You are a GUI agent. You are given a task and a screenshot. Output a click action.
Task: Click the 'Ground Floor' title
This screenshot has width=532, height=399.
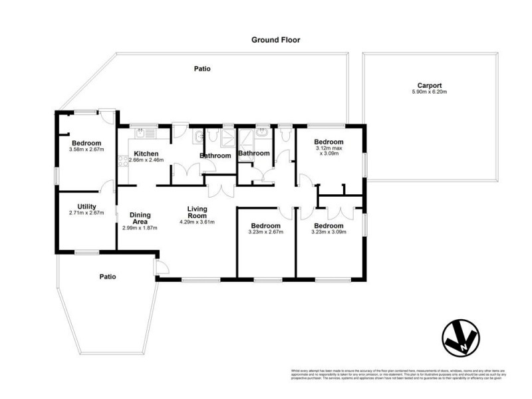[275, 40]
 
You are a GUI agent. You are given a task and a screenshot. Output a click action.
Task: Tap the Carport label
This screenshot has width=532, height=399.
[430, 85]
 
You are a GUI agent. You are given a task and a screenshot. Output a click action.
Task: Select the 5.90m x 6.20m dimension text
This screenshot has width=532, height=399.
[430, 92]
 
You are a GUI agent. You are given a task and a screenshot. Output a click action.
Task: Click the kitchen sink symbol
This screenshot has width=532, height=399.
[146, 132]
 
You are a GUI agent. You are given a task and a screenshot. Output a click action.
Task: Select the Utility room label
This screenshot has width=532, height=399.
[87, 207]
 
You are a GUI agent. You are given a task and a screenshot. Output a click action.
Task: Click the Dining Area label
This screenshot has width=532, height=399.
[139, 217]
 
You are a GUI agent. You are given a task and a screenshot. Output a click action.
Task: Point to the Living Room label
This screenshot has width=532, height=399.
[198, 212]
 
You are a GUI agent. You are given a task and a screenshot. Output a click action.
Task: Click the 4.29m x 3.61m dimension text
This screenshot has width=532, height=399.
[198, 221]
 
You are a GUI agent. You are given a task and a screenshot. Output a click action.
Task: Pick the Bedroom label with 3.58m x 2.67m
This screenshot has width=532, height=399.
[86, 143]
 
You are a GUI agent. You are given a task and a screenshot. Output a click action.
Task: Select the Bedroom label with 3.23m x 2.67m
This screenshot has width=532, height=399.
[265, 225]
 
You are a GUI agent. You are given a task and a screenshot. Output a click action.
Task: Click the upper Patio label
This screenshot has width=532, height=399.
[202, 68]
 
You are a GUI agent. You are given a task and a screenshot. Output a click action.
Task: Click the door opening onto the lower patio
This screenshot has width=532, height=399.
[161, 268]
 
